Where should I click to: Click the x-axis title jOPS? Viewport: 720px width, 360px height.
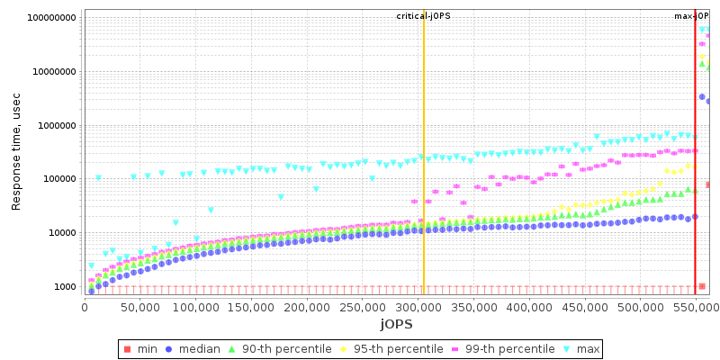click(396, 323)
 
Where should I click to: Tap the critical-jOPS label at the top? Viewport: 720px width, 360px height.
click(424, 16)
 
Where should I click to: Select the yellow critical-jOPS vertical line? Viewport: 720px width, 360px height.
click(424, 180)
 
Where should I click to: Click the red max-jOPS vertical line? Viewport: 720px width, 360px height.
click(695, 180)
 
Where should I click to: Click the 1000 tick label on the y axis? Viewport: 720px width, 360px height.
click(64, 287)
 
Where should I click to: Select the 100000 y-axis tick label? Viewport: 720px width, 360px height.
click(57, 179)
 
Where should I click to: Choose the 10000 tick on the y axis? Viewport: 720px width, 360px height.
click(60, 233)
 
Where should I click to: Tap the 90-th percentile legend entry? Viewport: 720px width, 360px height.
click(273, 349)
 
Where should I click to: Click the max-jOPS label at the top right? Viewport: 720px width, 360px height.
click(692, 16)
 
